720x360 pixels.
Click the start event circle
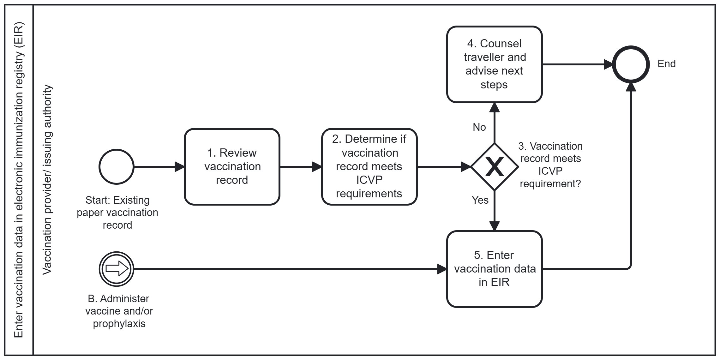coord(117,167)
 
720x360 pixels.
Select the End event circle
coord(631,64)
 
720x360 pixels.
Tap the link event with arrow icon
coord(117,269)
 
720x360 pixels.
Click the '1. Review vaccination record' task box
coord(232,167)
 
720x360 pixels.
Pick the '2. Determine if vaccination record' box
coord(369,167)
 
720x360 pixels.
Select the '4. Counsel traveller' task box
coord(494,64)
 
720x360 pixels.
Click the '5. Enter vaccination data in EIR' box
coord(494,269)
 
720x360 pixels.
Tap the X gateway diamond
coord(494,167)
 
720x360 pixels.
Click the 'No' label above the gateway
coord(479,127)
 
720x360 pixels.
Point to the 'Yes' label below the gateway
coord(480,200)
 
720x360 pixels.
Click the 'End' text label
coord(666,64)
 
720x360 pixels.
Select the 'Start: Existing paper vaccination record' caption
coord(117,213)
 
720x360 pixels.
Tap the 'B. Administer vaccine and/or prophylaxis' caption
coord(119,311)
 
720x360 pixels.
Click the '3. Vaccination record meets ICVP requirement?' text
coord(550,165)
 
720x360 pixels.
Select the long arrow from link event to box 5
coord(284,269)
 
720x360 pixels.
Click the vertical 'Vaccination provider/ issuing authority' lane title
coord(47,179)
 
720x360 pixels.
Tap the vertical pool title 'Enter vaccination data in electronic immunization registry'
coord(19,179)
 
